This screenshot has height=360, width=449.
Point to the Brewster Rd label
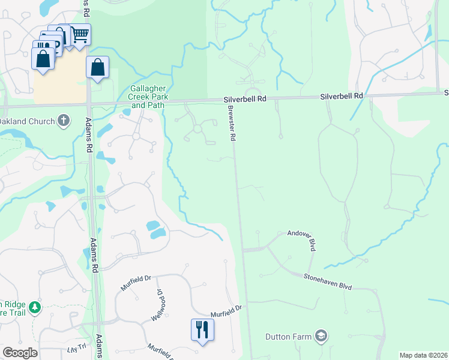tap(231, 124)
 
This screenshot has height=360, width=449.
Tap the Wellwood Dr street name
tap(157, 304)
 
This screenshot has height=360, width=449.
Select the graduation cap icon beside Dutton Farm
tap(321, 335)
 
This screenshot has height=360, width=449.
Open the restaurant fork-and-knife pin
tap(202, 329)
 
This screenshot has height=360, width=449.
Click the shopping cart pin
tap(80, 34)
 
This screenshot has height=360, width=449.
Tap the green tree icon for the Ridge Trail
tap(35, 308)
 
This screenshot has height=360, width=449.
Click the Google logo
tap(20, 353)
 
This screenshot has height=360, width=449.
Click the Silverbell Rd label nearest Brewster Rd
tap(244, 99)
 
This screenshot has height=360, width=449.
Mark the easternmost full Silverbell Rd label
tap(342, 96)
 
